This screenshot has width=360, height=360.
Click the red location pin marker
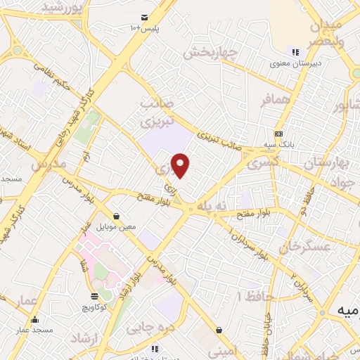click(181, 165)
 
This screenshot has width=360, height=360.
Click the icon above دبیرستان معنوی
click(296, 51)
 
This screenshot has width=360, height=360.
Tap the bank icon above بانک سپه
click(279, 134)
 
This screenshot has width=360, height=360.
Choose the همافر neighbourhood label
click(274, 101)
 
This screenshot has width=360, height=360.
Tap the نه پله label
click(212, 205)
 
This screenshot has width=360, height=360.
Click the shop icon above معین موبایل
click(115, 217)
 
